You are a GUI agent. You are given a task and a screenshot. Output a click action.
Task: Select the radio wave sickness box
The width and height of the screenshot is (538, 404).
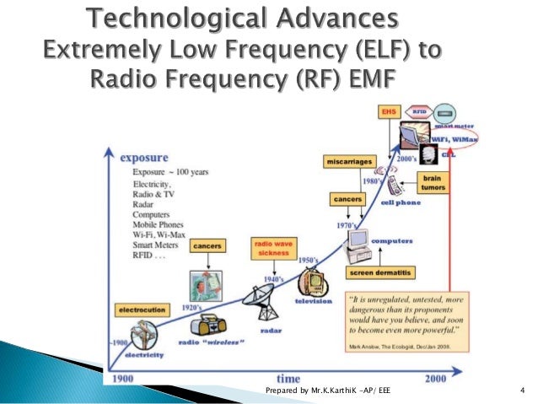click(x=270, y=249)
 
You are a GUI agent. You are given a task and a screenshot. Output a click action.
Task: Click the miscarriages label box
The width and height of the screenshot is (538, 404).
click(x=347, y=161)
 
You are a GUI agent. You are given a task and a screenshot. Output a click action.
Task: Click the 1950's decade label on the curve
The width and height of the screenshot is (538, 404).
click(x=308, y=261)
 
